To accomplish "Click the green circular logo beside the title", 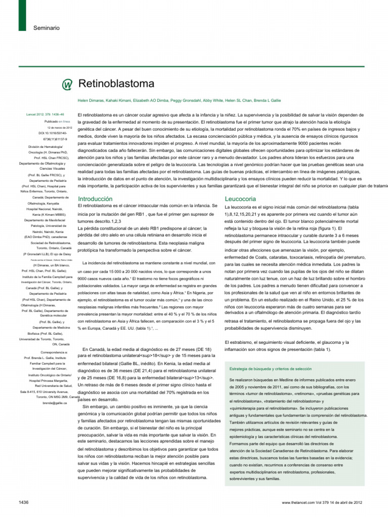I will click(x=67, y=83).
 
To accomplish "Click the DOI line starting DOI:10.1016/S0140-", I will click(x=56, y=133).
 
